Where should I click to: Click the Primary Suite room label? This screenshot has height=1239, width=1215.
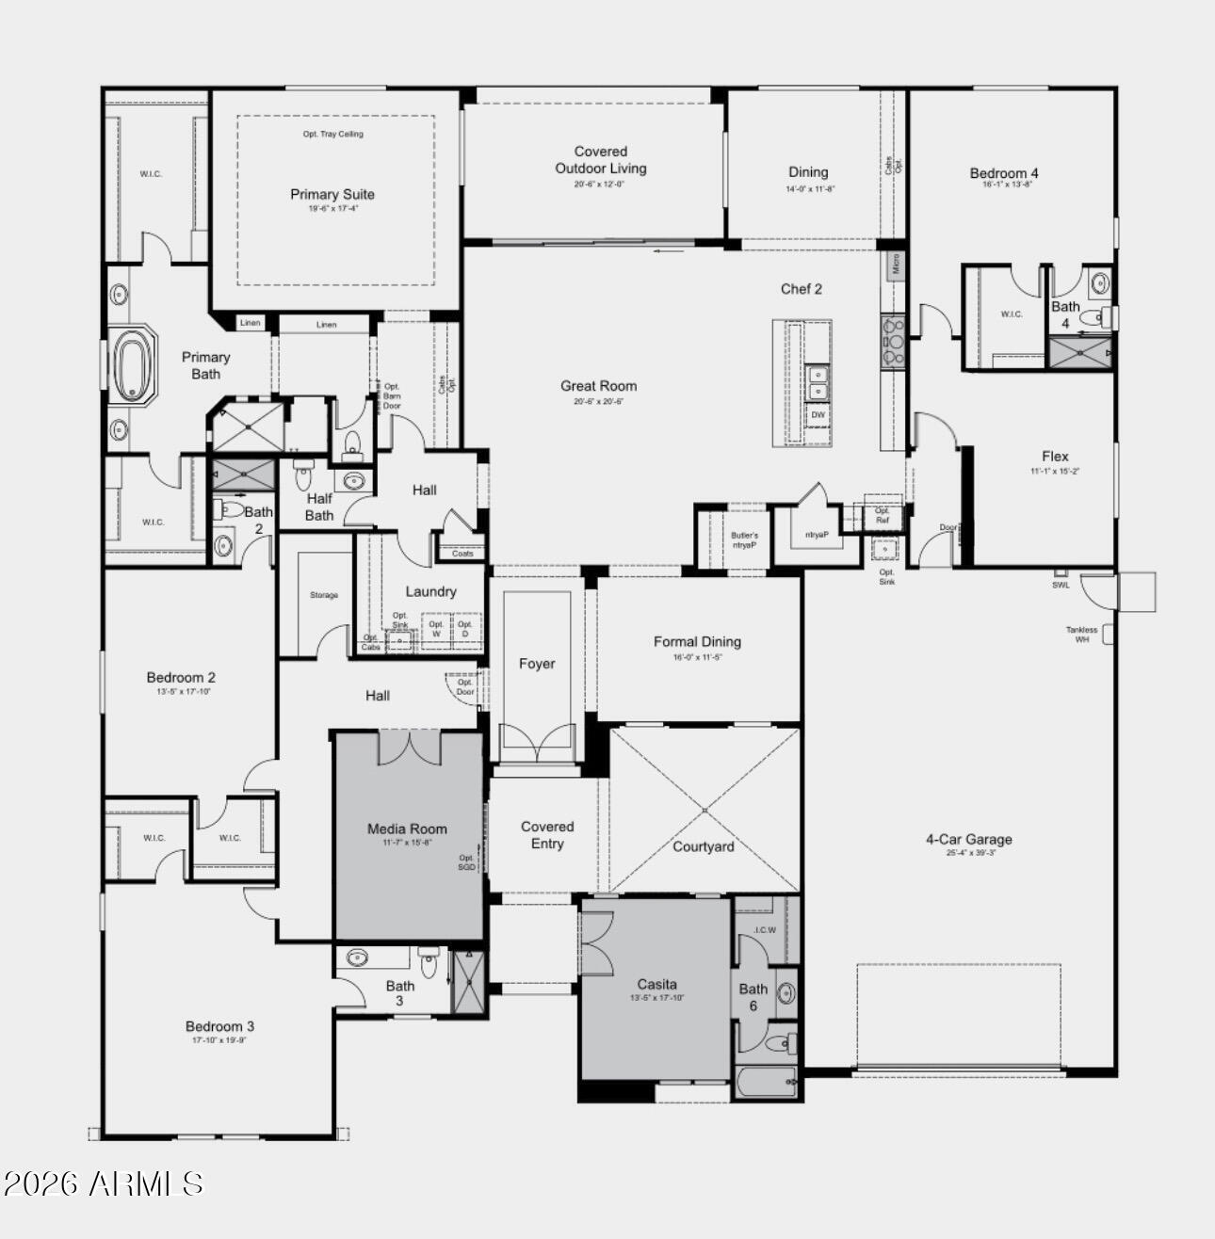pyautogui.click(x=332, y=195)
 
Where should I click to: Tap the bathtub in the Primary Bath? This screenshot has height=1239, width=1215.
pyautogui.click(x=132, y=365)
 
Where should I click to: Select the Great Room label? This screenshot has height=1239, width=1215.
pyautogui.click(x=598, y=386)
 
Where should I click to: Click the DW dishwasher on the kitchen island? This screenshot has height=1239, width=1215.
pyautogui.click(x=818, y=415)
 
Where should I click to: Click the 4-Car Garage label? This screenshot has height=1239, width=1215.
pyautogui.click(x=968, y=840)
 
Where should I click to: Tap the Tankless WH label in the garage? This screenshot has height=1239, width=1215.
pyautogui.click(x=1081, y=635)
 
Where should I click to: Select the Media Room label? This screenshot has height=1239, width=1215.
pyautogui.click(x=407, y=829)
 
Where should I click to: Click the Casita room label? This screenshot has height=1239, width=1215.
pyautogui.click(x=656, y=985)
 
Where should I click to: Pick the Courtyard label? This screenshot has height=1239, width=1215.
pyautogui.click(x=703, y=846)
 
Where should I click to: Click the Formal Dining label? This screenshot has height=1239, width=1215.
pyautogui.click(x=697, y=642)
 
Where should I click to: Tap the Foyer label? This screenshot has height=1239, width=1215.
pyautogui.click(x=537, y=664)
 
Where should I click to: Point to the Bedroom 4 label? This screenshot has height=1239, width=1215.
pyautogui.click(x=1004, y=173)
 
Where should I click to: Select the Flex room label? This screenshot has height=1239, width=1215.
pyautogui.click(x=1055, y=457)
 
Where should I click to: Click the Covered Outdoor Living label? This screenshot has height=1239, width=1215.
pyautogui.click(x=600, y=160)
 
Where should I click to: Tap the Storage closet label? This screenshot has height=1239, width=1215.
pyautogui.click(x=323, y=595)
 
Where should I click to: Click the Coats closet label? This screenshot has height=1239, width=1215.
pyautogui.click(x=462, y=554)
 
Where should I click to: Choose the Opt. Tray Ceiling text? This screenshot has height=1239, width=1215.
pyautogui.click(x=332, y=134)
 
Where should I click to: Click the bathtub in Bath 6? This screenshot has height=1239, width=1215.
pyautogui.click(x=767, y=1083)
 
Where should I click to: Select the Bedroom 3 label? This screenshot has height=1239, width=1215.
pyautogui.click(x=219, y=1027)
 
